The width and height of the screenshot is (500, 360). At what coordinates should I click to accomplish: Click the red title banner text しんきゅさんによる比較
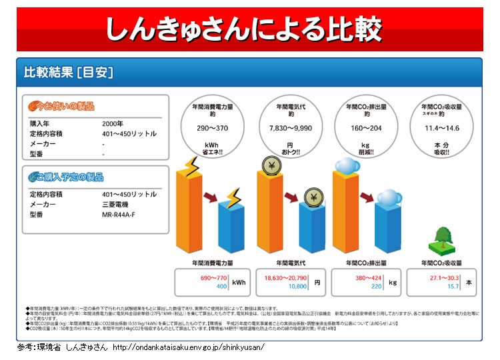[x=244, y=29]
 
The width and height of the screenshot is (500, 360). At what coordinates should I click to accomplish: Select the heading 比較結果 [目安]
[x=68, y=71]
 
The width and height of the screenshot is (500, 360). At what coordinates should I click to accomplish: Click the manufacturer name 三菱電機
[x=115, y=205]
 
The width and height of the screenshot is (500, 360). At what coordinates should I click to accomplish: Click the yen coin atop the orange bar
[x=271, y=167]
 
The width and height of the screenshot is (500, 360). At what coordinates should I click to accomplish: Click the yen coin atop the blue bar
[x=312, y=197]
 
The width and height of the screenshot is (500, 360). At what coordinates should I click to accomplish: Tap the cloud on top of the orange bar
[x=347, y=167]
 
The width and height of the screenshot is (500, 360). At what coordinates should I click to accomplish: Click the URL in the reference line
[x=189, y=348]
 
